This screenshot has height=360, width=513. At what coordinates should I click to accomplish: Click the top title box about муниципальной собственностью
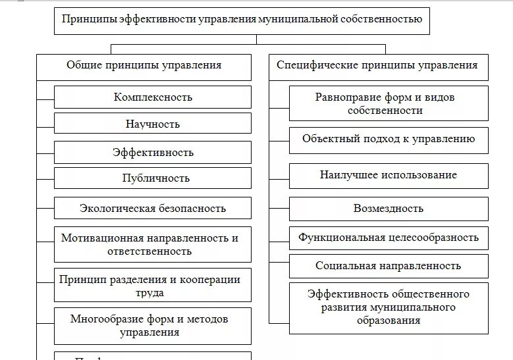242,20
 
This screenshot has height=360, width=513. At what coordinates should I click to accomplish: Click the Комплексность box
153,97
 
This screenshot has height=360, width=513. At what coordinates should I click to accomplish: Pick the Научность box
153,124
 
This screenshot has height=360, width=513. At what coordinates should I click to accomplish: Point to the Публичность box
153,178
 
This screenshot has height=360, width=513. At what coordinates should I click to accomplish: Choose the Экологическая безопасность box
153,209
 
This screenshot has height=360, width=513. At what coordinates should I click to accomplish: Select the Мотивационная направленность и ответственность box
153,244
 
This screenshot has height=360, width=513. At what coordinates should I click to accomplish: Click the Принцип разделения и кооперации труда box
153,286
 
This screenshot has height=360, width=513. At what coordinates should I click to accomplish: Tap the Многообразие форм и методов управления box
153,326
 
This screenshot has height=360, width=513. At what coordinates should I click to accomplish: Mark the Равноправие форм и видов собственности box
389,103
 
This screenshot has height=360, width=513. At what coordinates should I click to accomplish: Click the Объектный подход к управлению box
389,140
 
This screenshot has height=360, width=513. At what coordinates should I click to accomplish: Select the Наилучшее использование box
389,176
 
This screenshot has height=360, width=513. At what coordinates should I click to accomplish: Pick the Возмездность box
389,209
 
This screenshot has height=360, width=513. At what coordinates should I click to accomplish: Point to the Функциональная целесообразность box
389,238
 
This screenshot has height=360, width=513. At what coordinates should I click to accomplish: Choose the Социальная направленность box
389,267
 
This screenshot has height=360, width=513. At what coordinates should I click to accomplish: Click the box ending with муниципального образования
389,307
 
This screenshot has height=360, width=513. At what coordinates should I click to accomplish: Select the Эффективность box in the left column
153,153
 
